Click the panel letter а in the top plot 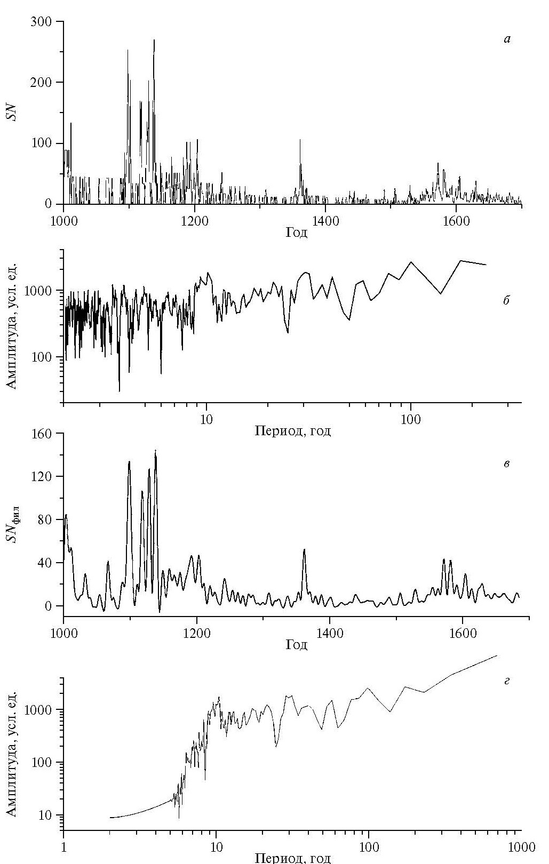pos(507,39)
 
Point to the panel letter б pos(506,300)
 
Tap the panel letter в pos(506,463)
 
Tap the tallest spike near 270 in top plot pos(154,41)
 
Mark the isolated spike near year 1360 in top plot pos(300,140)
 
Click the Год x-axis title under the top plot pos(297,233)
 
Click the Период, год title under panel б pos(292,431)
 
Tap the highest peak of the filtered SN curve pos(155,451)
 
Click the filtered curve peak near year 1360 pos(304,550)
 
